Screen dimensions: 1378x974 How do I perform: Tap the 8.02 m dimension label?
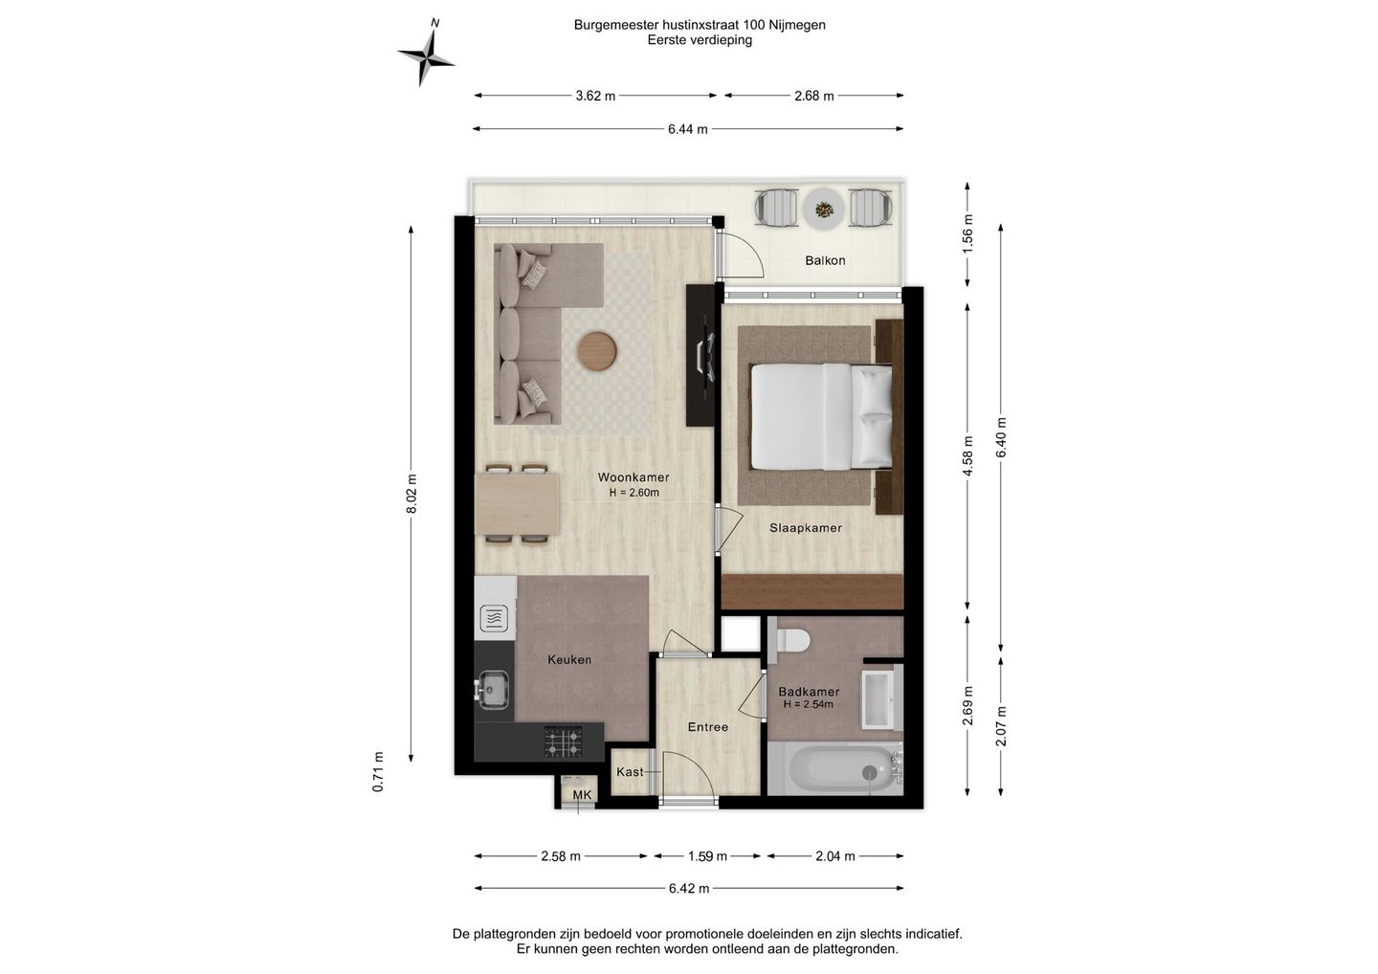tap(411, 494)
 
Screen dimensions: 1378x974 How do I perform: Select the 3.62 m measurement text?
tap(595, 96)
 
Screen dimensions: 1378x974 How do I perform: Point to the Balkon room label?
tap(825, 260)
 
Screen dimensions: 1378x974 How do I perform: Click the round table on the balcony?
tap(823, 210)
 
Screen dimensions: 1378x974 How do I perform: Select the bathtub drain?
tap(870, 773)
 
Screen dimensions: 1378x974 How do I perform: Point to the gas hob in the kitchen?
tap(563, 742)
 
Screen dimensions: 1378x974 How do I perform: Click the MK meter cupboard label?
tap(582, 795)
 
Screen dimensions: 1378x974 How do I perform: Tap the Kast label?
tap(630, 772)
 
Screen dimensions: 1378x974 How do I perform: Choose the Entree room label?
tap(708, 727)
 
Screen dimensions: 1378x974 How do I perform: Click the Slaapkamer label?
tap(806, 528)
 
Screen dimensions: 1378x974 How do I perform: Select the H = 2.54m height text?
tap(809, 705)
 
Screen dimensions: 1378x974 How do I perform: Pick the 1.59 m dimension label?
tap(707, 856)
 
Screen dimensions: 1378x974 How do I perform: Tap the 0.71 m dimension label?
tap(378, 772)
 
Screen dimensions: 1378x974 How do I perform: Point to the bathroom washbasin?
tap(880, 699)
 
